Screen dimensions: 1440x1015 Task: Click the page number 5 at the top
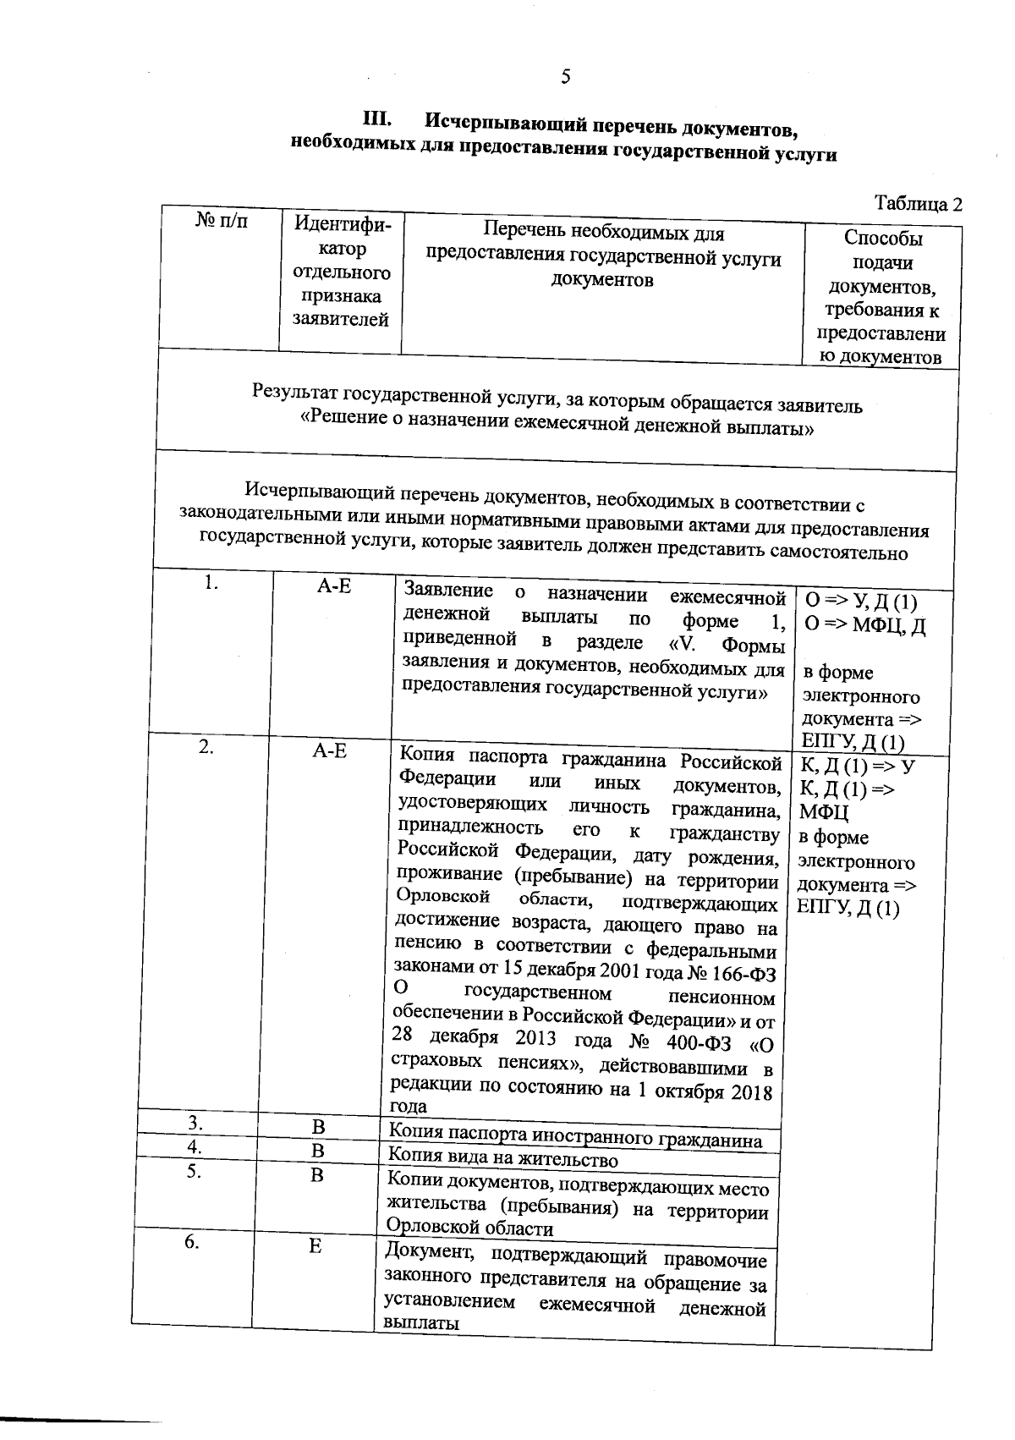click(x=565, y=77)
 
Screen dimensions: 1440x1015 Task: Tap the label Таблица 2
click(x=919, y=204)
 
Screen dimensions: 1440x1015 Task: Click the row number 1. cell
click(x=211, y=582)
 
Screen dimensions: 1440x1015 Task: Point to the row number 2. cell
click(x=206, y=746)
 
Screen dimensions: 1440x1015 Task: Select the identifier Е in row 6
click(x=315, y=1246)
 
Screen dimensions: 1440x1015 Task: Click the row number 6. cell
click(x=192, y=1242)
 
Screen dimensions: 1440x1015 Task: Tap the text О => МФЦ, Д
click(x=864, y=627)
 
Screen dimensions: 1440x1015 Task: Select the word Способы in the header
click(x=883, y=239)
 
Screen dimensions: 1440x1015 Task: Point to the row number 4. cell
click(x=195, y=1147)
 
